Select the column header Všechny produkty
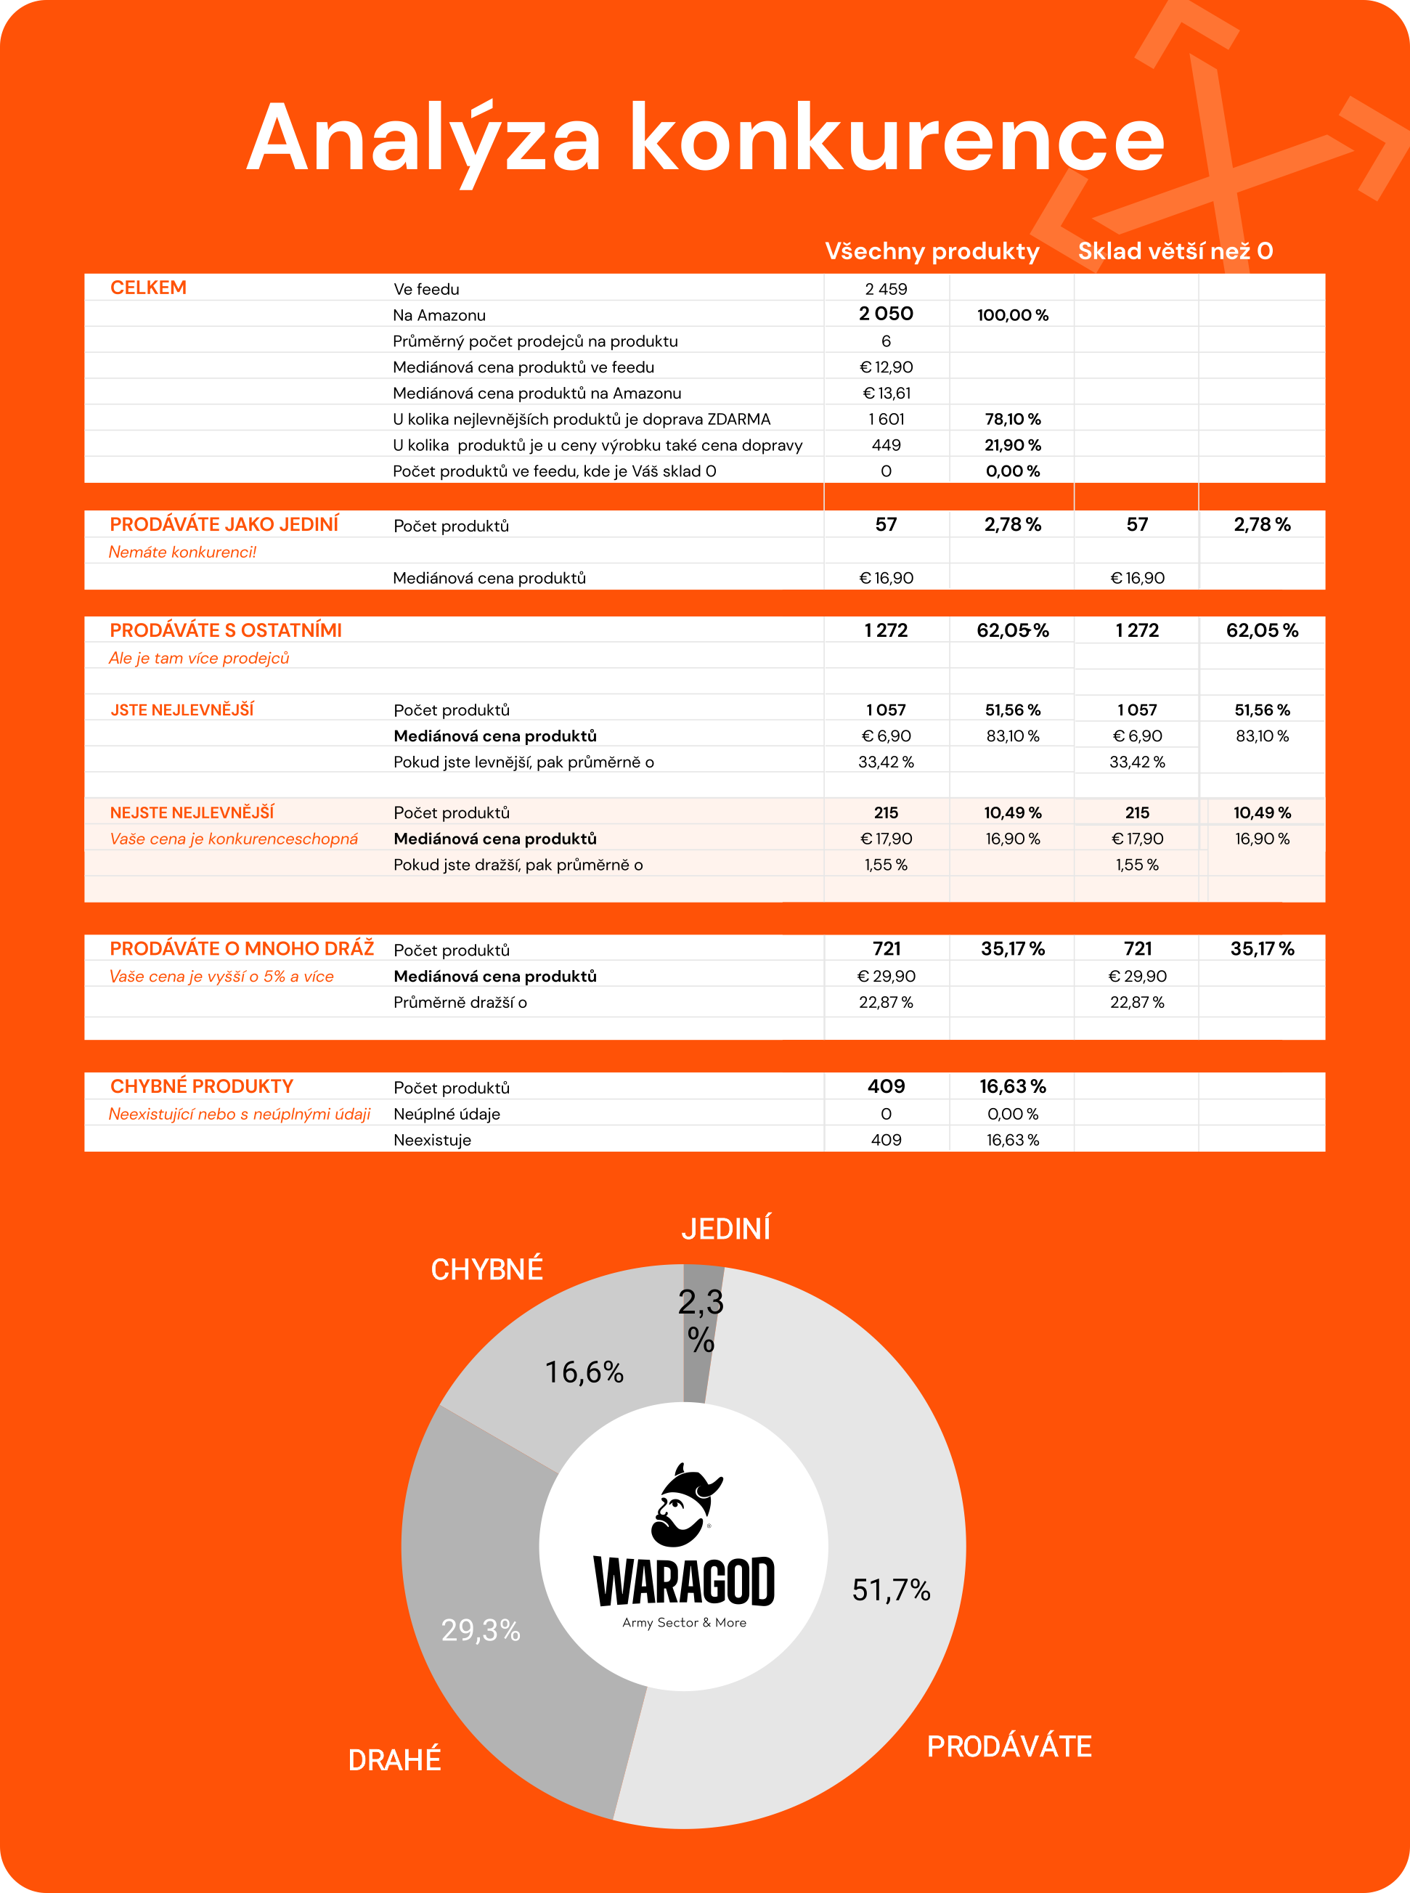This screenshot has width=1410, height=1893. pos(932,251)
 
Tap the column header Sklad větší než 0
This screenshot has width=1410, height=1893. pos(1175,251)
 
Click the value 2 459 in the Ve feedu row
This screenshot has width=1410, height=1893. pos(886,289)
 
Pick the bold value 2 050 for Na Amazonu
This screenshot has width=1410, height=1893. pos(886,314)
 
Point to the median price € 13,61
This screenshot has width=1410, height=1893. pos(886,394)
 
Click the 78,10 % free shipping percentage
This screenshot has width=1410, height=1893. pos(1012,419)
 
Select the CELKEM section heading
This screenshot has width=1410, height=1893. pos(149,288)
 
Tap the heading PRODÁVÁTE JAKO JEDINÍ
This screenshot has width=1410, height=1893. pos(224,524)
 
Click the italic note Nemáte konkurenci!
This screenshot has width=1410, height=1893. pos(183,552)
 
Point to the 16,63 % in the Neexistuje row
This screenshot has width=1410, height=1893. pos(1012,1140)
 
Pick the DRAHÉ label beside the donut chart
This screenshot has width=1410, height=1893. pos(394,1760)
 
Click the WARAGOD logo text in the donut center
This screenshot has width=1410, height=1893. pos(684,1581)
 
